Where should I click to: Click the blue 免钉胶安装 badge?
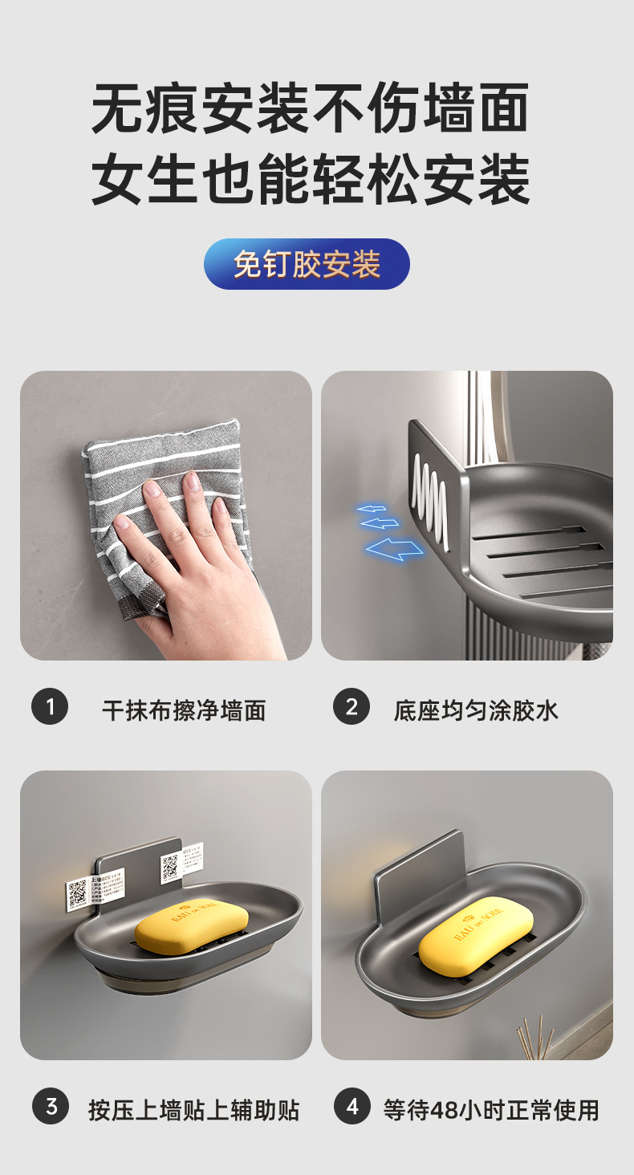tap(307, 264)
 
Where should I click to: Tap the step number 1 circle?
tap(50, 707)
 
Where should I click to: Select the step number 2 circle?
tap(351, 707)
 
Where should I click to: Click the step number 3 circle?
tap(51, 1108)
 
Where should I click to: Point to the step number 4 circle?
tap(352, 1108)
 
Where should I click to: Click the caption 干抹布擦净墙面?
tap(184, 710)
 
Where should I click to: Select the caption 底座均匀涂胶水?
tap(476, 710)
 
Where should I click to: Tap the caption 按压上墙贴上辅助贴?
tap(193, 1111)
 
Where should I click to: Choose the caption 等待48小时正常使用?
tap(491, 1111)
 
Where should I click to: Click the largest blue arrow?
tap(394, 550)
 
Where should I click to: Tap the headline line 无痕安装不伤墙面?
tap(310, 108)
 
